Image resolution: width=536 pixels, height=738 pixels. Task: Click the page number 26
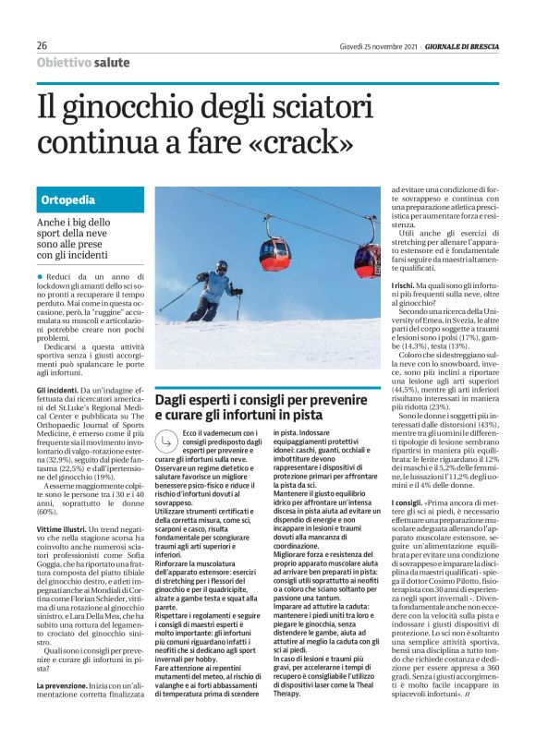click(43, 45)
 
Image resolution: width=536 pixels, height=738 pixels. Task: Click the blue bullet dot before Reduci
click(40, 277)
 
